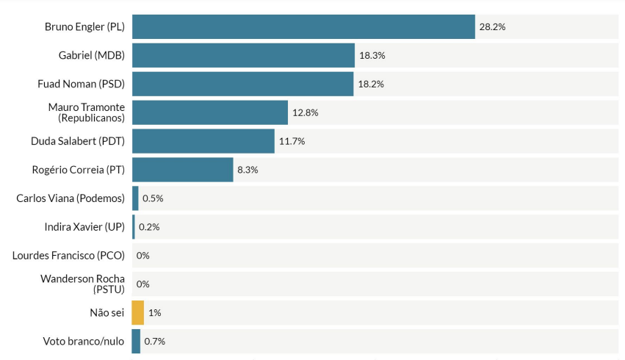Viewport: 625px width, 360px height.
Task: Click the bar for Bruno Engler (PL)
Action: coord(303,26)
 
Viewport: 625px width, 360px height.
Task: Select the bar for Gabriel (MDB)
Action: coord(243,55)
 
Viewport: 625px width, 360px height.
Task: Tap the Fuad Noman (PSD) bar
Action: coord(242,84)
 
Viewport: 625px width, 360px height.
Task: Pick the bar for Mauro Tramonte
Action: coord(210,112)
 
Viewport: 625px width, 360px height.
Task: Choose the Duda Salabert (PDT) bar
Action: coord(203,141)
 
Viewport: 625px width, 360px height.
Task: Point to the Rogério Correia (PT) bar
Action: coord(183,170)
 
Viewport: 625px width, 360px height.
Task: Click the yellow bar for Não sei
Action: coord(138,312)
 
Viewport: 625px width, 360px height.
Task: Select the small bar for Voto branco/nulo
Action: coord(136,341)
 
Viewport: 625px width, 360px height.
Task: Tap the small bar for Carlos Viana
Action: coord(135,198)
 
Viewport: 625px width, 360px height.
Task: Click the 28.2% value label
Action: coord(492,26)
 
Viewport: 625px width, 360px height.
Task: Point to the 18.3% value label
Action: coord(372,55)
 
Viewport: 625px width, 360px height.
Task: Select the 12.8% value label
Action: coord(306,112)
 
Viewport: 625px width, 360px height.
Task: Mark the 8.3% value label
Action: coord(248,170)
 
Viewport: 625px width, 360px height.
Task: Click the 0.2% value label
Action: coord(149,227)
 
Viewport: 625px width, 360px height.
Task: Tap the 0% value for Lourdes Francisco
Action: coord(142,256)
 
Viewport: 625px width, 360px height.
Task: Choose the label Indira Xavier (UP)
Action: coord(84,227)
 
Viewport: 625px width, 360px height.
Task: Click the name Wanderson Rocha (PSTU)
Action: coord(82,284)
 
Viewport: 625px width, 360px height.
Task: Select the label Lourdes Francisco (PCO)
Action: coord(68,256)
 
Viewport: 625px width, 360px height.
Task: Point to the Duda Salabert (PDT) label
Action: coord(78,141)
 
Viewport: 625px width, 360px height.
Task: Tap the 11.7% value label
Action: coord(292,141)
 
